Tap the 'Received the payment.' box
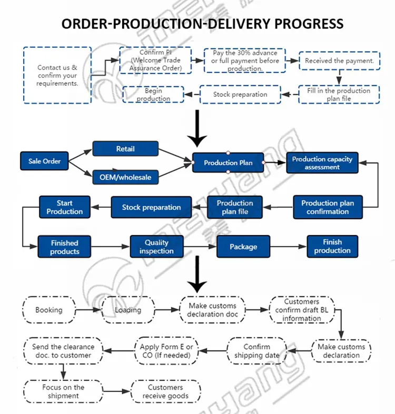click(339, 61)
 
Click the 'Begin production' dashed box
click(153, 95)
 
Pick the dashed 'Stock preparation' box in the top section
click(240, 95)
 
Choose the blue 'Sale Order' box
click(45, 161)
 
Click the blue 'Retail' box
click(125, 149)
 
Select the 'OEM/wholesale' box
click(125, 177)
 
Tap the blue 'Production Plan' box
click(228, 163)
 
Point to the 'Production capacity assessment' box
click(322, 163)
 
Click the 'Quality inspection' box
click(156, 247)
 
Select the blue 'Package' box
click(243, 247)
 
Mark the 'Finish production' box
click(332, 246)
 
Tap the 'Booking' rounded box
click(49, 310)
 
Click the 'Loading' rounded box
click(128, 310)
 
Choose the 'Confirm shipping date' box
click(257, 351)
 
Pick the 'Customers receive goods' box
click(165, 392)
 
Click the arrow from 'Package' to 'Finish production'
click(289, 247)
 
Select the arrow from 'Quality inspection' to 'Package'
click(200, 247)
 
